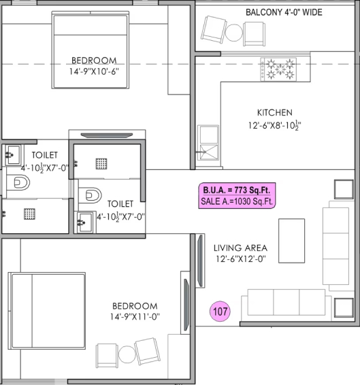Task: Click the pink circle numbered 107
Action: tap(220, 312)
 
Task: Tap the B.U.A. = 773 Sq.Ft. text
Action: tap(237, 190)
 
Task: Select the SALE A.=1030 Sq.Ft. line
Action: tap(237, 201)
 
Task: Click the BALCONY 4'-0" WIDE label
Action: tap(284, 12)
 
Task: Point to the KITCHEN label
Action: tap(275, 113)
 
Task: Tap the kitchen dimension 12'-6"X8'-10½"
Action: tap(274, 125)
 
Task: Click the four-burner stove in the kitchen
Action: tap(278, 69)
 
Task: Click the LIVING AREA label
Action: tap(240, 248)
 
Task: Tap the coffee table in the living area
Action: tap(291, 241)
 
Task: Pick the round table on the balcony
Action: tap(233, 33)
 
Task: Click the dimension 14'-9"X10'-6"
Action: tap(94, 71)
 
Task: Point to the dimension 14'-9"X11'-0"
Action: tap(135, 317)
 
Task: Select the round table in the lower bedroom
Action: tap(127, 354)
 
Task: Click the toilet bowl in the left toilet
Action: tap(18, 182)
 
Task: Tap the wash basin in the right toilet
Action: tap(85, 222)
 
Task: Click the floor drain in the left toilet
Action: tap(29, 214)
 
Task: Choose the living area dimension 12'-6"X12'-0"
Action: tap(241, 258)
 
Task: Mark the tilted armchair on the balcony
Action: tap(214, 29)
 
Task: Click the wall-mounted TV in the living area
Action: tap(200, 261)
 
